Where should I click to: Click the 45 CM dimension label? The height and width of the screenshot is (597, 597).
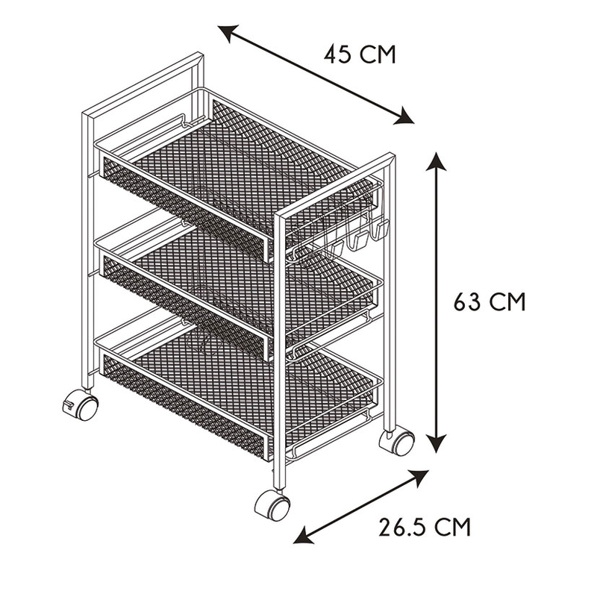(x=360, y=54)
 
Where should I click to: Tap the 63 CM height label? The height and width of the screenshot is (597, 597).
(x=490, y=302)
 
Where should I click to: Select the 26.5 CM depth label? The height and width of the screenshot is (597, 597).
(x=425, y=528)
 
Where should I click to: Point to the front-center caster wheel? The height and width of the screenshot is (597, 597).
(x=272, y=505)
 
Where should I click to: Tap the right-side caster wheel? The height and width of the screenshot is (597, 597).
(x=397, y=441)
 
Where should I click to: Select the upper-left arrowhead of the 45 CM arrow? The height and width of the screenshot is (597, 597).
(x=228, y=32)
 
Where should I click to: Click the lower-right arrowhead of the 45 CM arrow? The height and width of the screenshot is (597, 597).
(x=404, y=117)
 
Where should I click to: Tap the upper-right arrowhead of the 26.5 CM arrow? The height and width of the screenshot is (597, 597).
(x=417, y=478)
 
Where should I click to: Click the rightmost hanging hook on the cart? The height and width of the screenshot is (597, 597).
(x=381, y=231)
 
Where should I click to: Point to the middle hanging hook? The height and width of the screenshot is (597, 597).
(x=358, y=240)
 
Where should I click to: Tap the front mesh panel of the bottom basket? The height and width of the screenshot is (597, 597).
(x=184, y=404)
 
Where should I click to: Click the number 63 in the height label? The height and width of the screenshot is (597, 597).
(x=467, y=302)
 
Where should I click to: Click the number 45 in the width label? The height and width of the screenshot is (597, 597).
(x=338, y=54)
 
